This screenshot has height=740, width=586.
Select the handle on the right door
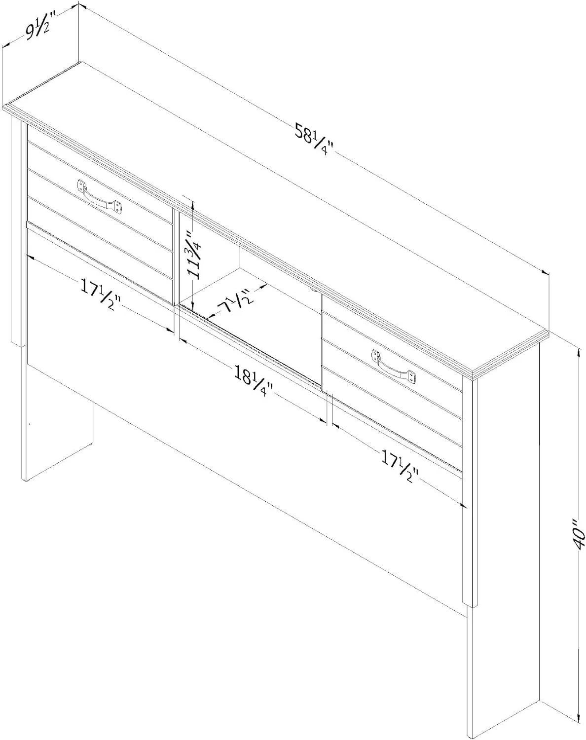point(395,366)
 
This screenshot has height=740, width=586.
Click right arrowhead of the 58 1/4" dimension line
point(545,272)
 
